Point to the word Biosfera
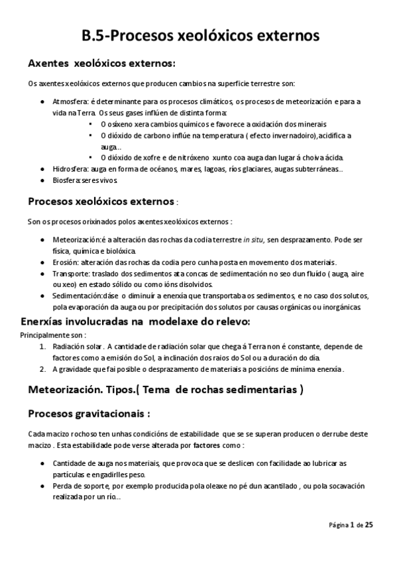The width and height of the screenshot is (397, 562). (x=66, y=180)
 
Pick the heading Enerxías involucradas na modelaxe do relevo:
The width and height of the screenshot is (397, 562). (x=137, y=321)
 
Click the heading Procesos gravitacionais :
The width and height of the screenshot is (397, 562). (x=89, y=414)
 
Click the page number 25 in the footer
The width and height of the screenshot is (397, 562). (x=369, y=524)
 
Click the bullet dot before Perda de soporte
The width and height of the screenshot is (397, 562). (x=42, y=486)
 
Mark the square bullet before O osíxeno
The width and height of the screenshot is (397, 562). (x=90, y=123)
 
